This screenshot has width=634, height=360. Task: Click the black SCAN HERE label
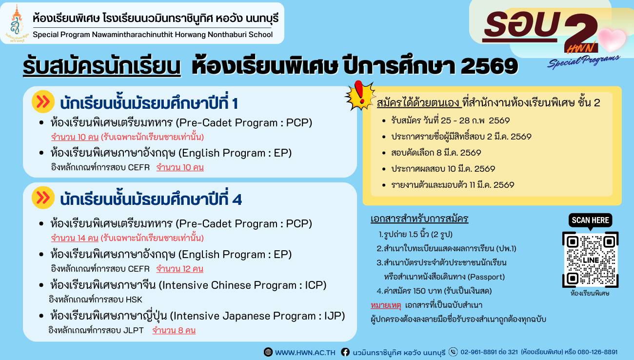coord(590,220)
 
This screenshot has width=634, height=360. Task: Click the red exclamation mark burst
coord(359,95)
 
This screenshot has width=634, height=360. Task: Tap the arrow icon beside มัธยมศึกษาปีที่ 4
coord(43,198)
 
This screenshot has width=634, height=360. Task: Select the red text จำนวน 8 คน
coord(174,330)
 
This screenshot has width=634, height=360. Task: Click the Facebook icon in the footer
coord(345,352)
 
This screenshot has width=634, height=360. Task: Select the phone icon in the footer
coord(453,352)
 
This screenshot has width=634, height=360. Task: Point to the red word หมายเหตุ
coord(385,305)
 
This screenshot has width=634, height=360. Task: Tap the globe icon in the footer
coord(268,352)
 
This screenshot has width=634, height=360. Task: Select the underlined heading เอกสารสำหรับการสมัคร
coord(419,218)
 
